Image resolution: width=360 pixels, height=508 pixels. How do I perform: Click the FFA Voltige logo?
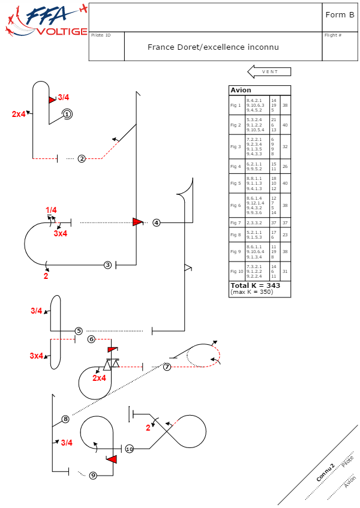pyautogui.click(x=45, y=22)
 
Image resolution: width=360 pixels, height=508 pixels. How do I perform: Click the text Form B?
pyautogui.click(x=339, y=15)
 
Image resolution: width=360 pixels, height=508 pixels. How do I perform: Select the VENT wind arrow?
pyautogui.click(x=269, y=72)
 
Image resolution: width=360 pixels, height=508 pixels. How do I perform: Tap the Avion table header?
pyautogui.click(x=241, y=90)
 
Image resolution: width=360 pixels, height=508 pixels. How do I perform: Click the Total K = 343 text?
pyautogui.click(x=256, y=285)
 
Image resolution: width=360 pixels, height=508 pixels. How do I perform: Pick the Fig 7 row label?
pyautogui.click(x=235, y=223)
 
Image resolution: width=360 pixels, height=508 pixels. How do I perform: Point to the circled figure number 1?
pyautogui.click(x=67, y=114)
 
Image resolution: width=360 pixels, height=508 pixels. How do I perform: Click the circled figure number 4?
pyautogui.click(x=157, y=223)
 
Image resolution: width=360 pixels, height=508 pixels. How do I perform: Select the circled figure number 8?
pyautogui.click(x=65, y=419)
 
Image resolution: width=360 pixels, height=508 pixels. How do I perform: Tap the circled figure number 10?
pyautogui.click(x=130, y=449)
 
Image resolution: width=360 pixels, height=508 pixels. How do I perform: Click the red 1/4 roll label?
pyautogui.click(x=51, y=210)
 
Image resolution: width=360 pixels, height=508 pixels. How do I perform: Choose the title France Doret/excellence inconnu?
pyautogui.click(x=213, y=47)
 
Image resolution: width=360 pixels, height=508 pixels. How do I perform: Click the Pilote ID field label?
pyautogui.click(x=101, y=35)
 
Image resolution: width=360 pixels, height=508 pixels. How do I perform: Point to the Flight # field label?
pyautogui.click(x=333, y=35)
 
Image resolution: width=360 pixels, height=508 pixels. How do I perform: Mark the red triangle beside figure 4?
pyautogui.click(x=138, y=222)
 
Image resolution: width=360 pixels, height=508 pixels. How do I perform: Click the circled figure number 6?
pyautogui.click(x=91, y=339)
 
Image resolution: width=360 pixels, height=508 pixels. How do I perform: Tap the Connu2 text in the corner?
pyautogui.click(x=326, y=473)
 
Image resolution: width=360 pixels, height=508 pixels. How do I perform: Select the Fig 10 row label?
pyautogui.click(x=236, y=271)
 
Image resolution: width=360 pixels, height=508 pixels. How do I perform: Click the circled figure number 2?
pyautogui.click(x=82, y=158)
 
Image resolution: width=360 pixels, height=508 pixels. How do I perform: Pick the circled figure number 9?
pyautogui.click(x=93, y=476)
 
